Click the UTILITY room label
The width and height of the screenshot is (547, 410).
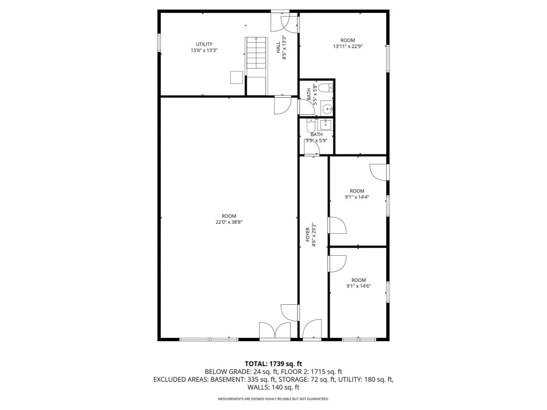pyautogui.click(x=204, y=44)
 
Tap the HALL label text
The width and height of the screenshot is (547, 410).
pyautogui.click(x=278, y=48)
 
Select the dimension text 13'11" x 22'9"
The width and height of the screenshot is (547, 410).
pyautogui.click(x=348, y=46)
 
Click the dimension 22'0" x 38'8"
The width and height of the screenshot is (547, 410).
pyautogui.click(x=229, y=222)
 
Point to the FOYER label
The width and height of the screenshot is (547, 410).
pyautogui.click(x=308, y=235)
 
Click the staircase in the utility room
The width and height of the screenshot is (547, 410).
pyautogui.click(x=256, y=66)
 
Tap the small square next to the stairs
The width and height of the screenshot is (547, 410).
pyautogui.click(x=237, y=77)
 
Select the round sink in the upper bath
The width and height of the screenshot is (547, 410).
pyautogui.click(x=327, y=109)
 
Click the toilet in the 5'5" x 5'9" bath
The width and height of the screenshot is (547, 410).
pyautogui.click(x=311, y=125)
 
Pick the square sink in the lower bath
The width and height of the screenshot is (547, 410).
pyautogui.click(x=325, y=124)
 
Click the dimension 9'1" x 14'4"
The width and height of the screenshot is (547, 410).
pyautogui.click(x=357, y=197)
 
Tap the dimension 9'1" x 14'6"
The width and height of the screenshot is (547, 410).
pyautogui.click(x=358, y=286)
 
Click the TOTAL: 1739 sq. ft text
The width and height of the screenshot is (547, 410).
pyautogui.click(x=273, y=364)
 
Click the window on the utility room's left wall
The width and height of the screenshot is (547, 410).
pyautogui.click(x=159, y=43)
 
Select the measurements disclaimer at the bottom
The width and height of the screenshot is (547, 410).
pyautogui.click(x=273, y=399)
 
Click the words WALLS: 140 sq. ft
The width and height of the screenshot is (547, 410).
pyautogui.click(x=273, y=387)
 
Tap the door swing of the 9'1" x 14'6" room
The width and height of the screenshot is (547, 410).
pyautogui.click(x=338, y=264)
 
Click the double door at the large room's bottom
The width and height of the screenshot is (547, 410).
pyautogui.click(x=275, y=330)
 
